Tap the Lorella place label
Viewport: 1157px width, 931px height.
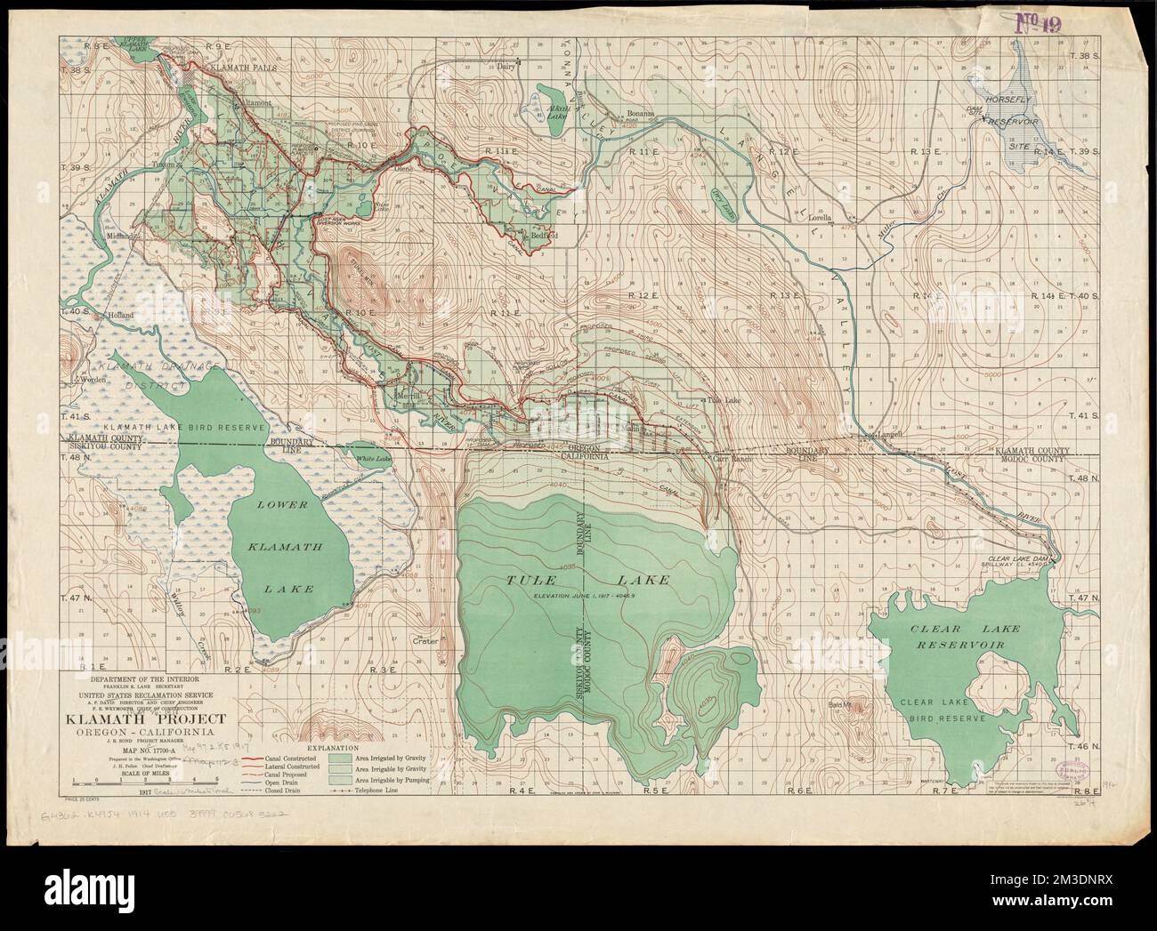point(815,217)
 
